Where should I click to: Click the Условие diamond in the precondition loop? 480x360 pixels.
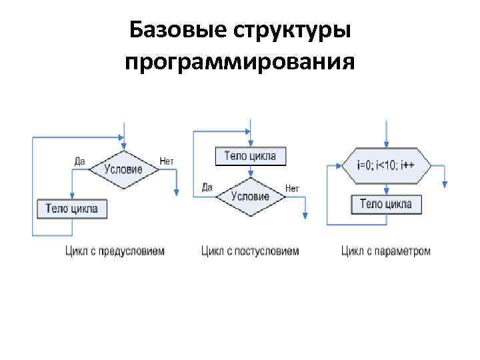pyautogui.click(x=123, y=169)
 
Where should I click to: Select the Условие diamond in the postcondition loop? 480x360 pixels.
pyautogui.click(x=250, y=196)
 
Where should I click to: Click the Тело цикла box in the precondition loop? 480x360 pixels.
pyautogui.click(x=71, y=209)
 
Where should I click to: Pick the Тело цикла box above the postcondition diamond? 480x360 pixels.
pyautogui.click(x=250, y=157)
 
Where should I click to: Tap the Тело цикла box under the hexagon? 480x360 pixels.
pyautogui.click(x=386, y=204)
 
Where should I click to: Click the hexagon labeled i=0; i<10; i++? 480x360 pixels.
pyautogui.click(x=386, y=165)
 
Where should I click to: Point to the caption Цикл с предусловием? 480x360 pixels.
pyautogui.click(x=115, y=251)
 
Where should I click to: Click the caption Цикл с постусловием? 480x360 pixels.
pyautogui.click(x=250, y=251)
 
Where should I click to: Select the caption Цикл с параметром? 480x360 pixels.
pyautogui.click(x=386, y=251)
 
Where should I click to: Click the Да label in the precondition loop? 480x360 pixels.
pyautogui.click(x=79, y=161)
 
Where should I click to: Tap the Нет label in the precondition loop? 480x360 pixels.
pyautogui.click(x=167, y=161)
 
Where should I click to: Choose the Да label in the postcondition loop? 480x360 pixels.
pyautogui.click(x=207, y=187)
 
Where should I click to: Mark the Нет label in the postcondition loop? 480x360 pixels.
pyautogui.click(x=292, y=188)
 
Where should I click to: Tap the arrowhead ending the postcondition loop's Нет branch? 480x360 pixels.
pyautogui.click(x=305, y=215)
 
